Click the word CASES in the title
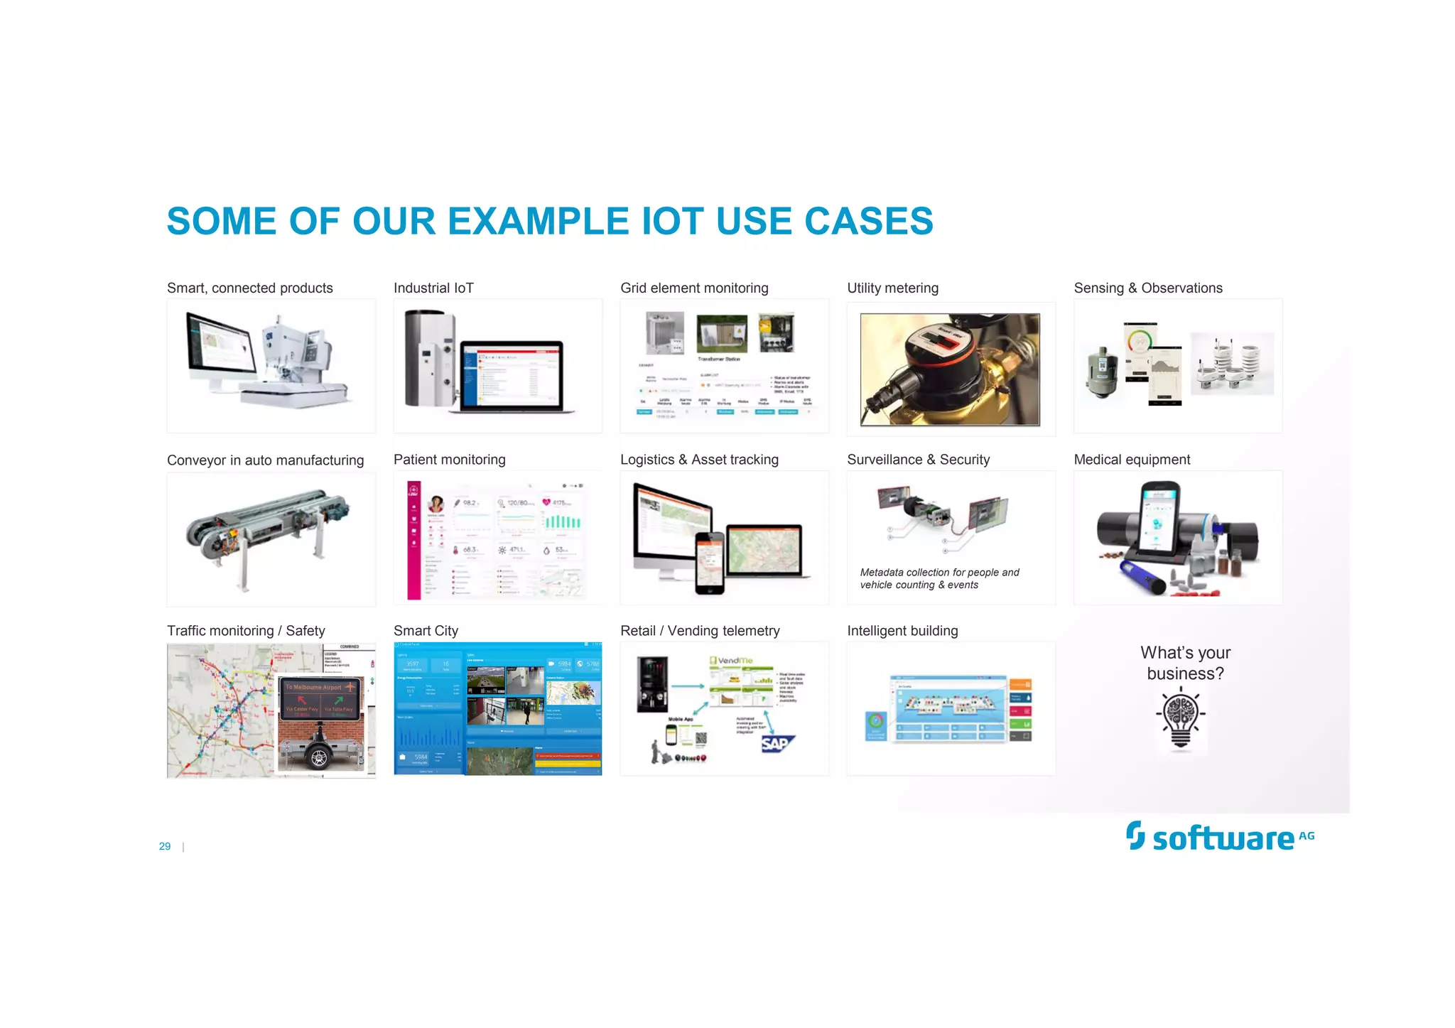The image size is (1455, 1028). point(868,221)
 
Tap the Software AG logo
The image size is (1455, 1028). point(1219,837)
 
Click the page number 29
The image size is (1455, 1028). point(165,846)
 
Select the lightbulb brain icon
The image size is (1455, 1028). point(1181,719)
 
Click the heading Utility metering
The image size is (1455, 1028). point(892,288)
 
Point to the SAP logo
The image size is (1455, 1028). point(776,743)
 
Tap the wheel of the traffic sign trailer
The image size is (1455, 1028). point(319,758)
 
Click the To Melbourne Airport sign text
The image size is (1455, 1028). point(313,687)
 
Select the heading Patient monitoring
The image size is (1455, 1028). point(449,460)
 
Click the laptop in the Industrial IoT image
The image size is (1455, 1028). point(512,377)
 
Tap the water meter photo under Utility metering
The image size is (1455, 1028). point(950,369)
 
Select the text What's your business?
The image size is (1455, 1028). point(1185,663)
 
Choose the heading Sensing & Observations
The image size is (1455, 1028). point(1147,288)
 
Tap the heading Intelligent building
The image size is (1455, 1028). point(902,631)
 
